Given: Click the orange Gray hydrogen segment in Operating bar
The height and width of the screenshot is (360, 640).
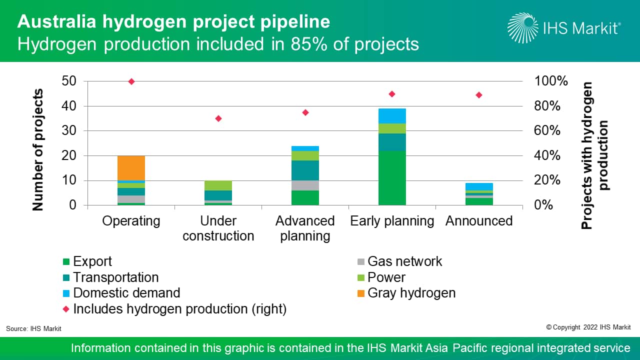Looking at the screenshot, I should coord(131,168).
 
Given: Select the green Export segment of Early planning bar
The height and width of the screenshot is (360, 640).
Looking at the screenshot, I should coord(392,178).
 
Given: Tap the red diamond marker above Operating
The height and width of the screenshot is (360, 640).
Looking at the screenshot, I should coord(131,81).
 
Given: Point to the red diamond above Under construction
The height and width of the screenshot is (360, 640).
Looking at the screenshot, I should coord(218,118).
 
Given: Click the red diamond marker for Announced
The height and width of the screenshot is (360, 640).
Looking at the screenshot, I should coord(478,95).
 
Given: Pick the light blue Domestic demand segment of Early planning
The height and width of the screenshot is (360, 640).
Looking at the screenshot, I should coord(392,116).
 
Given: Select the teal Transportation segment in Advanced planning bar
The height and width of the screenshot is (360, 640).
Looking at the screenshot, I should coord(305,170).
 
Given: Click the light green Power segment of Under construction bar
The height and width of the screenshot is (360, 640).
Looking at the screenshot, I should coord(218,185).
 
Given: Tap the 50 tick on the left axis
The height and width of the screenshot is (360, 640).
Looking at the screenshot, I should coord(69,81).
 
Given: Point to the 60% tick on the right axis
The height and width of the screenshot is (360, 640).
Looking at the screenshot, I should coord(550,131).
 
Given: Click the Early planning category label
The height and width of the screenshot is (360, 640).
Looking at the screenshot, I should coord(392,221).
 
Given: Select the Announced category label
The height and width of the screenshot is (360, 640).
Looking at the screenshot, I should coord(479,221).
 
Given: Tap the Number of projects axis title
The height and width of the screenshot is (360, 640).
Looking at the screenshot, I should coord(38,150).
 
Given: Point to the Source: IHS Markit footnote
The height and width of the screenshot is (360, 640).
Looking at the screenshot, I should coord(33,328).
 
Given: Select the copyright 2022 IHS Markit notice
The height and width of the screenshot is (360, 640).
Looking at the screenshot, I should coord(588,327).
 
